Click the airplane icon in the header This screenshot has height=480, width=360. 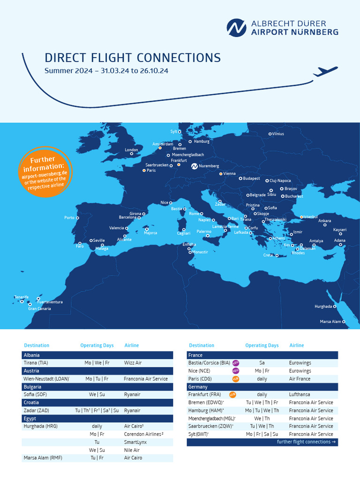(x=325, y=71)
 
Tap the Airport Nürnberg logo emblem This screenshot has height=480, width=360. (x=236, y=28)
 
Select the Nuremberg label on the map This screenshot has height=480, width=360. (x=209, y=166)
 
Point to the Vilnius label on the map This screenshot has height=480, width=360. (x=277, y=134)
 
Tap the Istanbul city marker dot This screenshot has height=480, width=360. (x=301, y=217)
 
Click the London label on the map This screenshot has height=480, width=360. (x=131, y=150)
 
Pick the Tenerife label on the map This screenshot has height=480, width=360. (x=21, y=297)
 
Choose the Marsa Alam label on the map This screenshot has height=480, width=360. (x=330, y=322)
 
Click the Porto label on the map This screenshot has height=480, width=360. (x=69, y=217)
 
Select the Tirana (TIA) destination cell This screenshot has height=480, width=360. (x=36, y=363)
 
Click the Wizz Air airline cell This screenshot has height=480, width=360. (x=133, y=363)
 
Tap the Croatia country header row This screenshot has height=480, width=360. (x=97, y=403)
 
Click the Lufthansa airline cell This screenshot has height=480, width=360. (x=300, y=395)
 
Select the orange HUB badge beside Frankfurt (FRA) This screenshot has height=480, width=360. (x=232, y=395)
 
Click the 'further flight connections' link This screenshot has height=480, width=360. (x=306, y=442)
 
